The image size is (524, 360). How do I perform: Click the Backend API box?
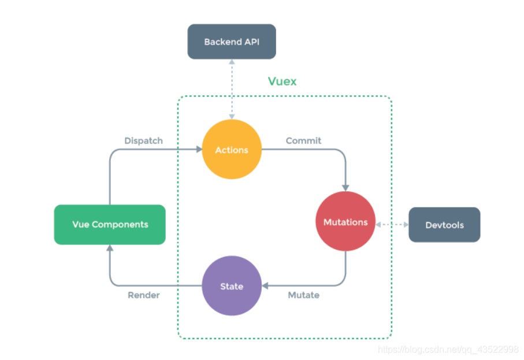[232, 42]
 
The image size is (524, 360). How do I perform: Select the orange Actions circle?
[232, 150]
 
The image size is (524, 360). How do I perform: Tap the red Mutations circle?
[345, 221]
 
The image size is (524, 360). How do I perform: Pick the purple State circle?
[232, 286]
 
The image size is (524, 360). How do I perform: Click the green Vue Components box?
[110, 224]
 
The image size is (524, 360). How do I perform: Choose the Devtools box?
[444, 225]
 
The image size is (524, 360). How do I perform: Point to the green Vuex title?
[282, 81]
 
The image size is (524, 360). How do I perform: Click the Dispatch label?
[143, 141]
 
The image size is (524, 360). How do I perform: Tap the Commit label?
[303, 141]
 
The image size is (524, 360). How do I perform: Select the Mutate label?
[303, 295]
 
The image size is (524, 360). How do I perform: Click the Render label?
[144, 295]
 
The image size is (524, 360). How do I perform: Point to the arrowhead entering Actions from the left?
[199, 150]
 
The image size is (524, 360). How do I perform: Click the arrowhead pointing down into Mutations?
[345, 188]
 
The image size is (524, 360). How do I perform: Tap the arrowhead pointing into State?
[265, 286]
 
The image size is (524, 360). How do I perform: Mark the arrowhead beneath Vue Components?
[110, 248]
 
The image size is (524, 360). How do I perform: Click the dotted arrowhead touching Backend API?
[232, 62]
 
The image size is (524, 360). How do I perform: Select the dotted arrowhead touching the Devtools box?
[406, 225]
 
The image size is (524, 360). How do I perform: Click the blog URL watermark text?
[448, 350]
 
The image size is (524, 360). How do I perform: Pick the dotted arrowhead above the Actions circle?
[232, 117]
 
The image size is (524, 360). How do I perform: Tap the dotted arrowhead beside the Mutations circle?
[378, 225]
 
